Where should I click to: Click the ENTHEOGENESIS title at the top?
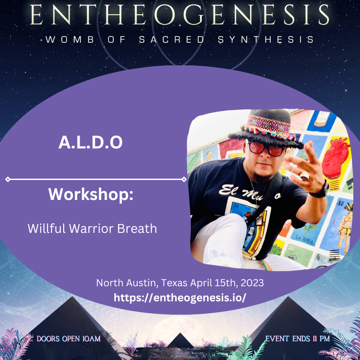click(180, 15)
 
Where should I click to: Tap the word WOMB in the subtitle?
click(70, 40)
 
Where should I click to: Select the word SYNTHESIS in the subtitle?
click(266, 40)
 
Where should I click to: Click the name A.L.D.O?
click(91, 142)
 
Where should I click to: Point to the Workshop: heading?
click(91, 194)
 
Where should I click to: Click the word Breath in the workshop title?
click(137, 228)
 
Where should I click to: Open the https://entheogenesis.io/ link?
click(180, 297)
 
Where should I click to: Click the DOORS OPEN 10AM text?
click(68, 339)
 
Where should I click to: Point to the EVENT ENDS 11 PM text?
click(297, 339)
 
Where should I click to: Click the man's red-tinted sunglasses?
click(266, 149)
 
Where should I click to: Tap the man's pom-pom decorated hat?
click(266, 128)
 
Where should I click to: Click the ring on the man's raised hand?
click(304, 176)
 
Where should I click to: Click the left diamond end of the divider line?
click(8, 179)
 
